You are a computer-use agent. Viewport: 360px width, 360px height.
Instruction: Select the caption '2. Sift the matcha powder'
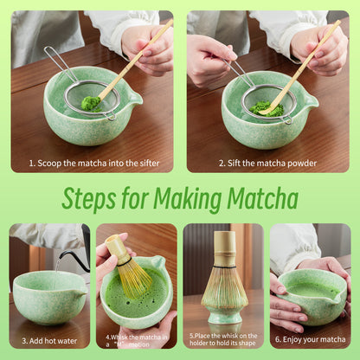point(267,163)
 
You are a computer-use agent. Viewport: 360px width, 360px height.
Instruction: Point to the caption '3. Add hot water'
point(49,341)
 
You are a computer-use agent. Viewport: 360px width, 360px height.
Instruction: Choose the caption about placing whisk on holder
point(223,339)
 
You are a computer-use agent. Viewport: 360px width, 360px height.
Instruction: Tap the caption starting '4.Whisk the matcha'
point(135,339)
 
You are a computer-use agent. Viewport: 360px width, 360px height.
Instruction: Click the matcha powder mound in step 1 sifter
point(90,103)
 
